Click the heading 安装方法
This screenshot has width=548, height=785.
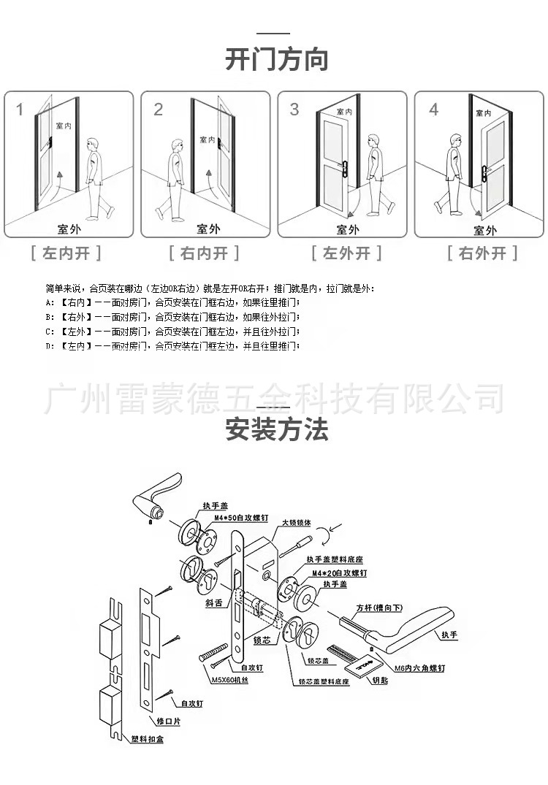(276, 429)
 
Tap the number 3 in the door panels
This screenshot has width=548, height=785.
(294, 110)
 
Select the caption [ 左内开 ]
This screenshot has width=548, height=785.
(66, 253)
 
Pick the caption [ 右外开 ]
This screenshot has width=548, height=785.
(482, 253)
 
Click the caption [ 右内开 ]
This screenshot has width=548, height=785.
(205, 253)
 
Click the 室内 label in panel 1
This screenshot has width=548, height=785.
(63, 126)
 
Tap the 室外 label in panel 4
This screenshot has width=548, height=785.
(484, 230)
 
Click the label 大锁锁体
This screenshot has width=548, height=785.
(297, 524)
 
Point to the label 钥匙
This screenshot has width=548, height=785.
(381, 680)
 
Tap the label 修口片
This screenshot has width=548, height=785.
(169, 721)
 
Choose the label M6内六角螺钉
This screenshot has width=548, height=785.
(419, 668)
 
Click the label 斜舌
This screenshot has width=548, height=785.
(213, 604)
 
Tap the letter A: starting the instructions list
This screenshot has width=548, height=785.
(50, 302)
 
